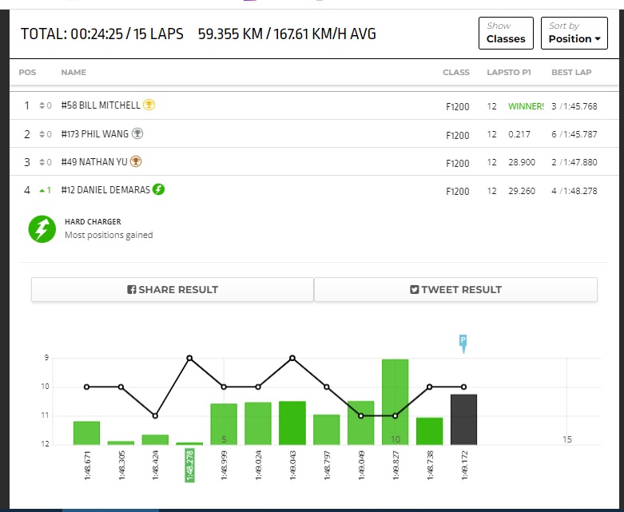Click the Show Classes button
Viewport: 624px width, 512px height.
click(506, 33)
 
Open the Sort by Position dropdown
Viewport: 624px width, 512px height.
click(574, 33)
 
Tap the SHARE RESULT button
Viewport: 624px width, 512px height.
click(173, 289)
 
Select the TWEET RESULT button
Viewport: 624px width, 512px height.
click(455, 289)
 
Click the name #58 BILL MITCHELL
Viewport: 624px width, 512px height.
click(101, 105)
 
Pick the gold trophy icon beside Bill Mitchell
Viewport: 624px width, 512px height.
click(149, 105)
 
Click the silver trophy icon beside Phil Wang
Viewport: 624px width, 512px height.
click(137, 133)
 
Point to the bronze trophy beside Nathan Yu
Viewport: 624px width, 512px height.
click(136, 161)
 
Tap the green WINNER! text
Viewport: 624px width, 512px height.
click(526, 106)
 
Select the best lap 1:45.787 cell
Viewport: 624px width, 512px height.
click(574, 134)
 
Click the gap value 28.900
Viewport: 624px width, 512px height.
click(522, 162)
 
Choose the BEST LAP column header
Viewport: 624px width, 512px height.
click(571, 73)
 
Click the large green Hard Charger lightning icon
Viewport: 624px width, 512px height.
click(42, 229)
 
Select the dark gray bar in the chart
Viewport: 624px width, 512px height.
click(463, 419)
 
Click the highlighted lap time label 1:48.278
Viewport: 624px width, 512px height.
click(190, 465)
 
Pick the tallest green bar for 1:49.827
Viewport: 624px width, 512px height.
click(395, 402)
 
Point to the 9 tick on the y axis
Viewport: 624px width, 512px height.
click(46, 358)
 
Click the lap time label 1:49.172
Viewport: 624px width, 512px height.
click(464, 465)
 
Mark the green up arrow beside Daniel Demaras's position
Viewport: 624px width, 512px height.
click(42, 191)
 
